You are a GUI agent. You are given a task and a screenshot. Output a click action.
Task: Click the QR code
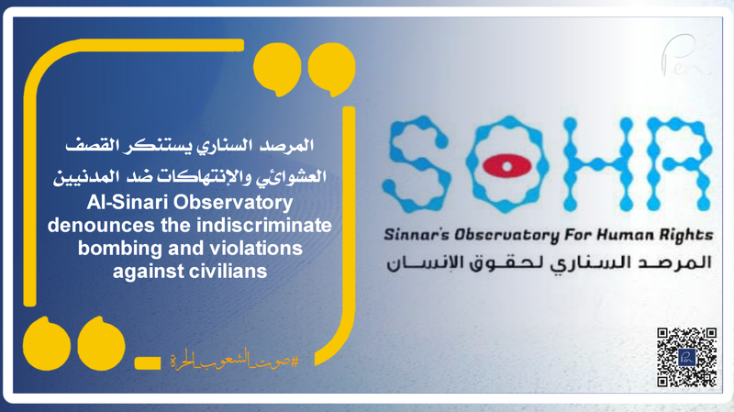pyautogui.click(x=686, y=358)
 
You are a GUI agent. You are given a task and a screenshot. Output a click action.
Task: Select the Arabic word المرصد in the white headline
pyautogui.click(x=291, y=146)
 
